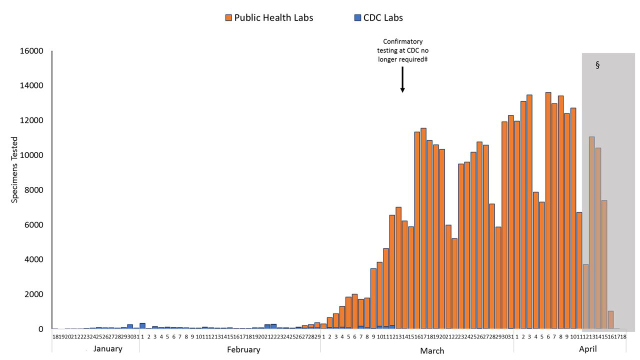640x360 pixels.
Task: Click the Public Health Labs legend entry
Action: point(269,18)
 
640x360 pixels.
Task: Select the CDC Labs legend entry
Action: point(378,18)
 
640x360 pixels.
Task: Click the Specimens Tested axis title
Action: point(14,169)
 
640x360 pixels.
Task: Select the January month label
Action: point(107,349)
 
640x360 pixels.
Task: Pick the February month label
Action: point(243,349)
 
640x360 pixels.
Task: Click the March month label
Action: point(432,350)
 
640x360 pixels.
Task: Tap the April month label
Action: point(587,349)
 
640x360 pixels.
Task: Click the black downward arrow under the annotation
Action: point(402,80)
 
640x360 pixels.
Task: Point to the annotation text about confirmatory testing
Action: point(402,50)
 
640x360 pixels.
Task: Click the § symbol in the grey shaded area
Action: point(597,65)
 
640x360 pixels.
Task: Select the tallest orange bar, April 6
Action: point(548,210)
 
